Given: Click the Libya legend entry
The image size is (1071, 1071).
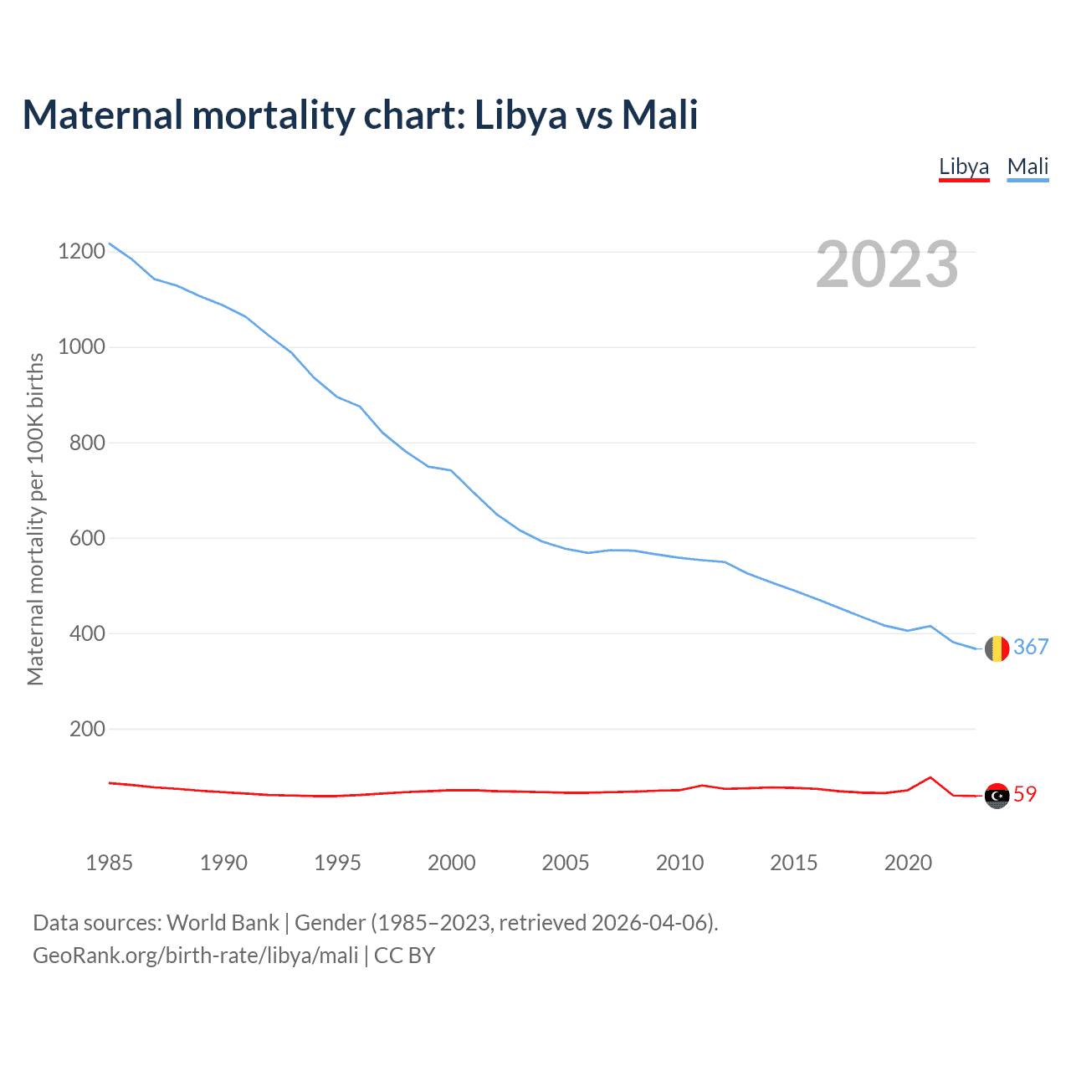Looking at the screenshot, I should [x=964, y=167].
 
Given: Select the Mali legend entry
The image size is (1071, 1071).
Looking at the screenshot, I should [x=1027, y=167].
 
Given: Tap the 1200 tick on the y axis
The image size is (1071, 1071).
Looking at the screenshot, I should [x=82, y=251].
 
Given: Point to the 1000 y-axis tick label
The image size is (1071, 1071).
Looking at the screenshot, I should [x=82, y=346].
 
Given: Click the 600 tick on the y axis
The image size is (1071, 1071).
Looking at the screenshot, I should [x=88, y=538].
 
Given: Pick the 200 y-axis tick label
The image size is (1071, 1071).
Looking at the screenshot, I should [x=88, y=729].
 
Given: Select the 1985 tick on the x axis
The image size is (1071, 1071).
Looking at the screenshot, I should [x=110, y=863].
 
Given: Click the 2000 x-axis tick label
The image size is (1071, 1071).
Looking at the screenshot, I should [x=452, y=863].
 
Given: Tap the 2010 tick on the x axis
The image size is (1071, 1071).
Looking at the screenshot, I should [x=679, y=863].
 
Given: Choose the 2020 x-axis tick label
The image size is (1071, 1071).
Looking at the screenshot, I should [x=908, y=863].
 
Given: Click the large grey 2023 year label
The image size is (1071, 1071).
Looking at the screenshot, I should [x=887, y=264].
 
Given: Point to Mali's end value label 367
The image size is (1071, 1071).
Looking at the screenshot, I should [x=1031, y=647].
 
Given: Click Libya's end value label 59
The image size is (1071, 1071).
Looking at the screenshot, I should [x=1025, y=794].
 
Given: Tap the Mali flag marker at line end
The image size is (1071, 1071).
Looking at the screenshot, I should [x=997, y=648].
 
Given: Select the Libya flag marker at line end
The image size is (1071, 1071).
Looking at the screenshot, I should [x=997, y=796].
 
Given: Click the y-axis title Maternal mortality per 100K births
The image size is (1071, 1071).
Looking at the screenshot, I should [x=35, y=519].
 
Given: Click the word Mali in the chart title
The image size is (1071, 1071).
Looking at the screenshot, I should [x=659, y=115].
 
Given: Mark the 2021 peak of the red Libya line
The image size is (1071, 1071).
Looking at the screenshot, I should [x=930, y=777].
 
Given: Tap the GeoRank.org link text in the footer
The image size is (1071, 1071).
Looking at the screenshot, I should [x=196, y=956].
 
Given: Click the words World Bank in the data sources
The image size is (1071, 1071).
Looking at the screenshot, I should [x=223, y=923].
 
